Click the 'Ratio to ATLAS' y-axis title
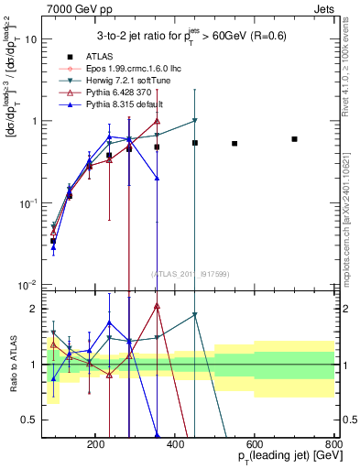pos(11,364)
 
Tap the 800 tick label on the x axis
pos(333,442)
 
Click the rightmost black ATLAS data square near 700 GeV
pos(294,139)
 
